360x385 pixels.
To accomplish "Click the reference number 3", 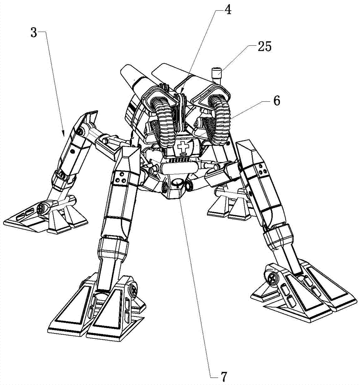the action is coord(34,32).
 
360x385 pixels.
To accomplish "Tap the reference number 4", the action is coord(228,10).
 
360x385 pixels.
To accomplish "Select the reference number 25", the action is coord(264,46).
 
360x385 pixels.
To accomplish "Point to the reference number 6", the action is coord(277,100).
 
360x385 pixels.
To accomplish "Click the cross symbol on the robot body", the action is coord(182,147).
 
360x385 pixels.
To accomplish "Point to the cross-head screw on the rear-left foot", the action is coord(40,209).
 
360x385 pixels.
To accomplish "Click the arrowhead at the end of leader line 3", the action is coord(64,134).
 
